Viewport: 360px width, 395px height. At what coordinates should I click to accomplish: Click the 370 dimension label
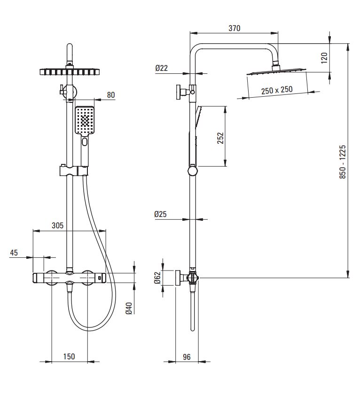click(234, 28)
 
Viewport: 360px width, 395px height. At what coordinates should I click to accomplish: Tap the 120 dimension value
click(324, 58)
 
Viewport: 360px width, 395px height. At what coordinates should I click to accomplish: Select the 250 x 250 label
click(277, 90)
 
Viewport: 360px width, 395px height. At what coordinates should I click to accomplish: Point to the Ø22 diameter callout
click(161, 68)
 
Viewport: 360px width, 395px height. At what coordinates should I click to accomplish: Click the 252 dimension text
click(220, 138)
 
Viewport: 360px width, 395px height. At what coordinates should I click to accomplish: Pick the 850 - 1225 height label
click(343, 162)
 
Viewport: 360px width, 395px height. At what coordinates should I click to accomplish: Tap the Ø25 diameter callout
click(160, 214)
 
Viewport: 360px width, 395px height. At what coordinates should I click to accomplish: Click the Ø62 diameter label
click(157, 278)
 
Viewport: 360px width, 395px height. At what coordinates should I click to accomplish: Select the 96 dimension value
click(187, 356)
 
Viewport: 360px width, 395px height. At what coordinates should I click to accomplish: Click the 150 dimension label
click(69, 356)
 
